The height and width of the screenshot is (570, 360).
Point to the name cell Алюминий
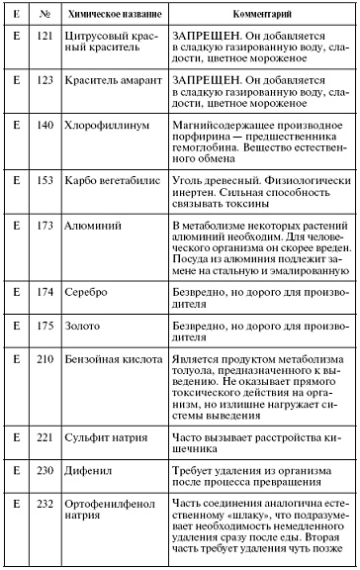click(96, 226)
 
